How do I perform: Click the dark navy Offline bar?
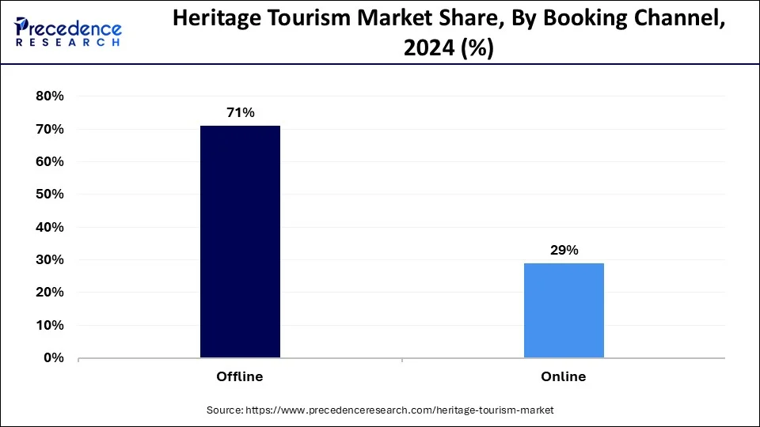[240, 241]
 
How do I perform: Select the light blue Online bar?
[564, 310]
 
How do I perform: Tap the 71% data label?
[240, 113]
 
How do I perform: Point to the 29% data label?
[564, 251]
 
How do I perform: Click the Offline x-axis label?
[240, 377]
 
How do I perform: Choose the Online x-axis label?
[564, 377]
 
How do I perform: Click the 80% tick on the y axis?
[49, 96]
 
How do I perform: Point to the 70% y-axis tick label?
[49, 129]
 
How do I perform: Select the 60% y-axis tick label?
[49, 162]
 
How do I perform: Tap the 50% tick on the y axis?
[49, 195]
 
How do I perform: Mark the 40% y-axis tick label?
[49, 227]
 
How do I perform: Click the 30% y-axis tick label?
[49, 260]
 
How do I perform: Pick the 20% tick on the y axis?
[49, 293]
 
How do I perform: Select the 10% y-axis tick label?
[49, 326]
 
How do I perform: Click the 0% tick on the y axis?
[53, 358]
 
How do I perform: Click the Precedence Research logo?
[68, 32]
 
